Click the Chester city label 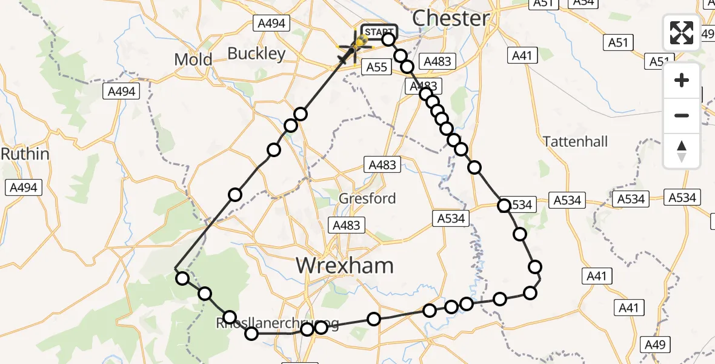[451, 18]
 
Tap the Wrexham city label [344, 265]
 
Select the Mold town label [193, 59]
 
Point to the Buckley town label [256, 53]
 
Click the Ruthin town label [25, 154]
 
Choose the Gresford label [367, 198]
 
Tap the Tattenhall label [575, 141]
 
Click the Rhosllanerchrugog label [277, 323]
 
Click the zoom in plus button [682, 80]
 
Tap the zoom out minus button [682, 115]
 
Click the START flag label [379, 32]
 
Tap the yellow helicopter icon [361, 41]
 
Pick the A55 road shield [377, 67]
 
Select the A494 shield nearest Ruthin [24, 187]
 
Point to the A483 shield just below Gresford [346, 225]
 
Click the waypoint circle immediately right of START [388, 39]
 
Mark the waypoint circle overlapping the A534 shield [504, 206]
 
